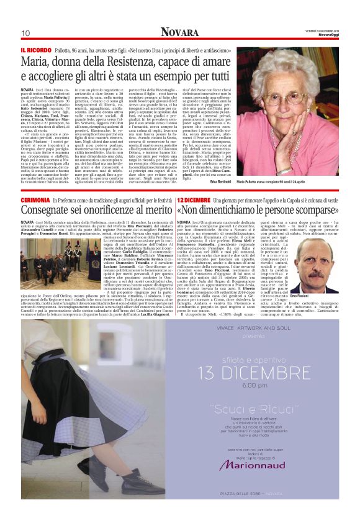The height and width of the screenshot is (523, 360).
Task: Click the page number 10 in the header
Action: [25, 33]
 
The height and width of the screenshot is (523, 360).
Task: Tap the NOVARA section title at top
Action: [180, 32]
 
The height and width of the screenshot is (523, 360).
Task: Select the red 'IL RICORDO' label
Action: [35, 50]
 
